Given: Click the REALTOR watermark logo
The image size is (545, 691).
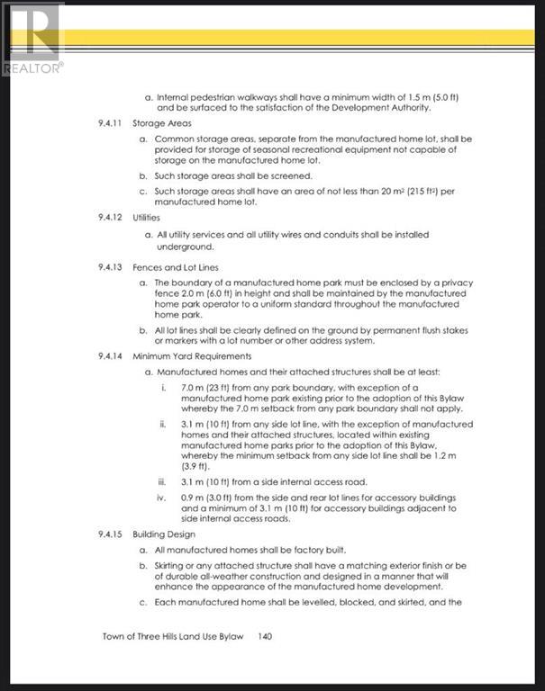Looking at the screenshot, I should coord(32,39).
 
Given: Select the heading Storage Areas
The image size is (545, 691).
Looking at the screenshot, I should coord(159,122).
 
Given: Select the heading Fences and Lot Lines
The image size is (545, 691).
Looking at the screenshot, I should coord(175,267).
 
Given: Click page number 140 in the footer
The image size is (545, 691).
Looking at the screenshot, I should coord(265,636).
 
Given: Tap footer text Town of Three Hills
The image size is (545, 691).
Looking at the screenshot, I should coord(145,636).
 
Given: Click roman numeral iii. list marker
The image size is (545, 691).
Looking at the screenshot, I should coord(162,483).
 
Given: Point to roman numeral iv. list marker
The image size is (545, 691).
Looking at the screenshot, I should coord(162,497).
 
